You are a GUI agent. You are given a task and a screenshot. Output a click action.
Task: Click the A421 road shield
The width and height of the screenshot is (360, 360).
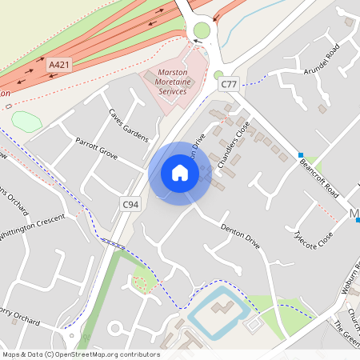pyautogui.click(x=58, y=64)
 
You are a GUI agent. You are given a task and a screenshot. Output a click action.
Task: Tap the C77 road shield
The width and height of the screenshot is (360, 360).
pyautogui.click(x=230, y=83)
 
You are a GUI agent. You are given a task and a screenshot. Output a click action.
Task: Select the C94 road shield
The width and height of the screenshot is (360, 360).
pyautogui.click(x=130, y=205)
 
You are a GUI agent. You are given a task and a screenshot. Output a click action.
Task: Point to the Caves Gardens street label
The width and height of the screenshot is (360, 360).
pyautogui.click(x=129, y=125)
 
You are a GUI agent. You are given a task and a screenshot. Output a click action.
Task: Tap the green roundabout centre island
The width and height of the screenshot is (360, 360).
pyautogui.click(x=202, y=31)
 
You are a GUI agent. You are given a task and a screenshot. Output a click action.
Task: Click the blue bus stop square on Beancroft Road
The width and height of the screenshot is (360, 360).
pyautogui.click(x=302, y=154)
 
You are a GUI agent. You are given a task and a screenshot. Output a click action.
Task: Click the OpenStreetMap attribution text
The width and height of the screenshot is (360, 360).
pyautogui.click(x=80, y=354)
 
